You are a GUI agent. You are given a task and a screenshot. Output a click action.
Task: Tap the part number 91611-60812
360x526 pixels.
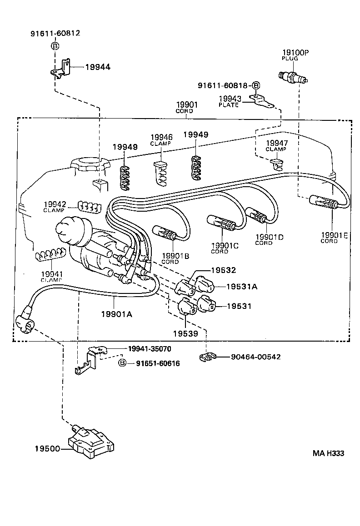(55, 34)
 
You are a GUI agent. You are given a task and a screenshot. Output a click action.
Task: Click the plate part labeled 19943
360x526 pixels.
(261, 102)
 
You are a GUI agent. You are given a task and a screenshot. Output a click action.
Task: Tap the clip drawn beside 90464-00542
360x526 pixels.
(207, 357)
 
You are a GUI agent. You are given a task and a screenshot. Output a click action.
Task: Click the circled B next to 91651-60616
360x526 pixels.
(122, 363)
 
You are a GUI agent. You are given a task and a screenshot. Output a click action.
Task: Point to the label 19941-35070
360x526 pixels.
(150, 348)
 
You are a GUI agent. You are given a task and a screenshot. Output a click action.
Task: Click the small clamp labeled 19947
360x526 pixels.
(275, 162)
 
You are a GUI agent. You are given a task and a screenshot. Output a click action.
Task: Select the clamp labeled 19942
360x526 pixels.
(88, 206)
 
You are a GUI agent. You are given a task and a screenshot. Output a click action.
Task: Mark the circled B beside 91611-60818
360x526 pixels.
(256, 85)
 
